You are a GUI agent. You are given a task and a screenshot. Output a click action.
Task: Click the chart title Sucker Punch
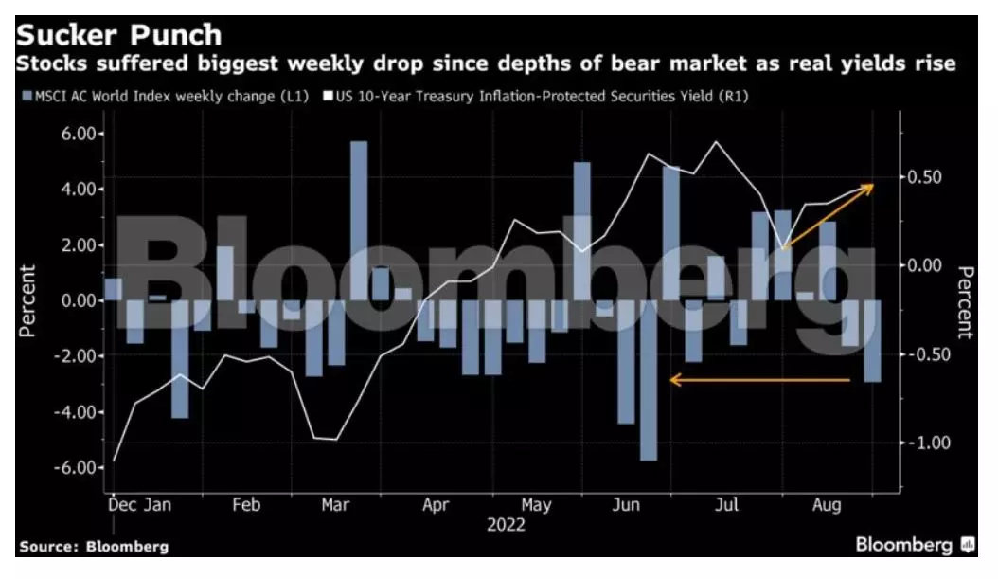119,35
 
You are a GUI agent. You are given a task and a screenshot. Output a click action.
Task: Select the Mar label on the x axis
335,505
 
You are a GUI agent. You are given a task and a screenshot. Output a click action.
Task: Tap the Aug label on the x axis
826,505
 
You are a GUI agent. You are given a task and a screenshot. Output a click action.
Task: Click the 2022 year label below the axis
506,524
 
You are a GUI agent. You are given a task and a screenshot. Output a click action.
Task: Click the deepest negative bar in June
648,380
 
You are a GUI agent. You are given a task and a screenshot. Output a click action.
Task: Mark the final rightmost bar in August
872,341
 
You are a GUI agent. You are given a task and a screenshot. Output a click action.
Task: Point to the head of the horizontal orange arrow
671,380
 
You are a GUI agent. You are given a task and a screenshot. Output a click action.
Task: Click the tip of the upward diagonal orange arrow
873,185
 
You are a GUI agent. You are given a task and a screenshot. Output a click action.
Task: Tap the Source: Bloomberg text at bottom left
94,547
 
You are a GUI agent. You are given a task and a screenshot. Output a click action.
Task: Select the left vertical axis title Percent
28,300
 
